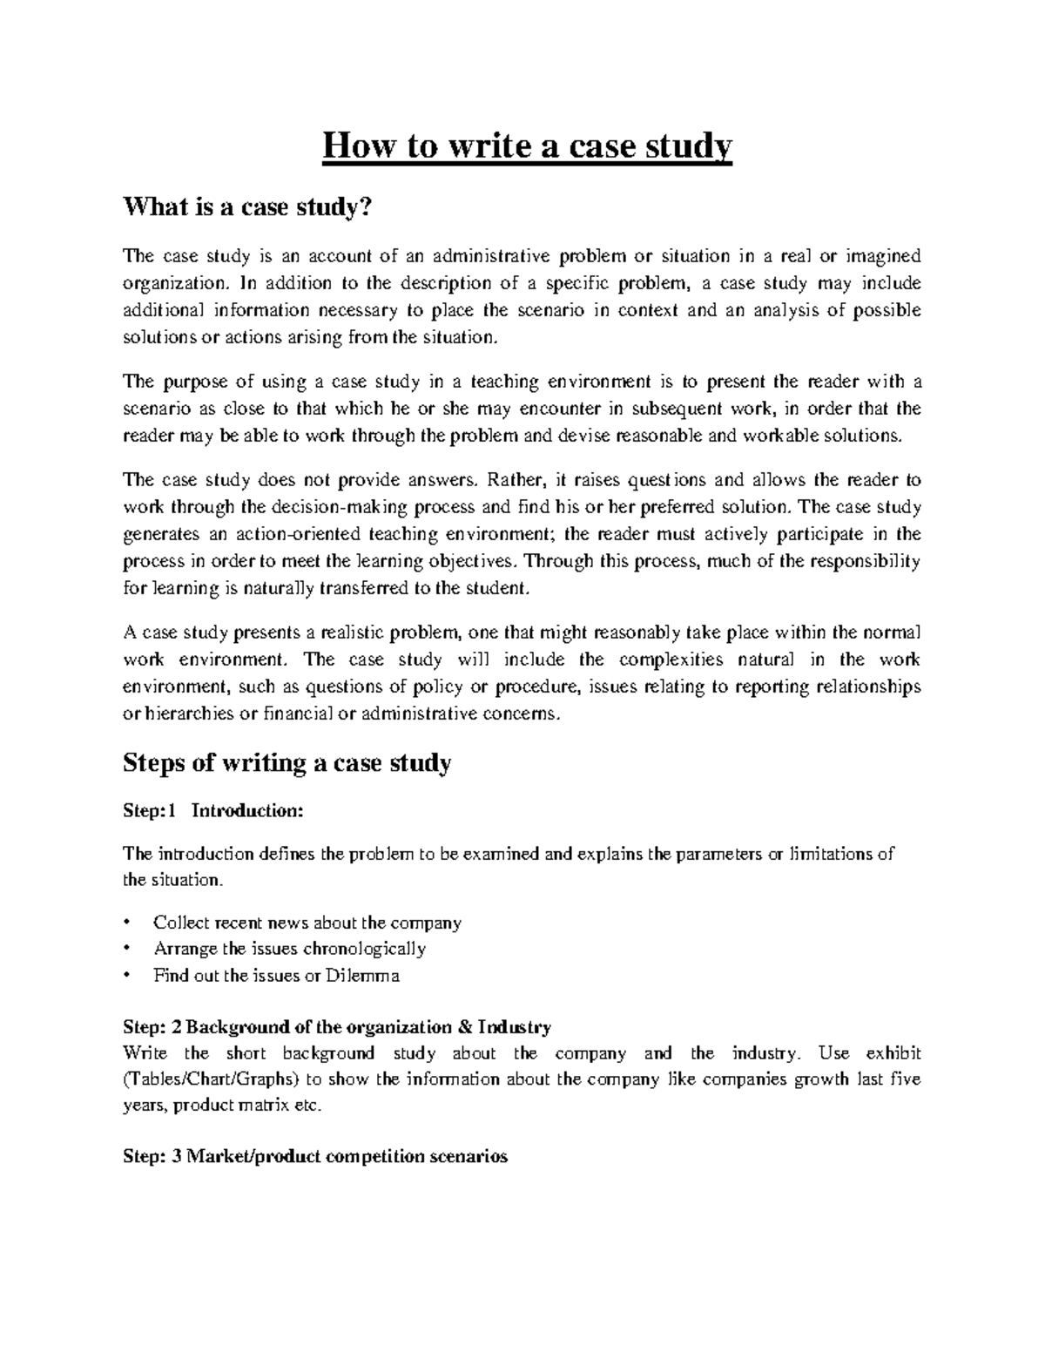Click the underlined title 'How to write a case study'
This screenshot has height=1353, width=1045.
coord(528,147)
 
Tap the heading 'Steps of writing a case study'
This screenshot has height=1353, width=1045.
coord(287,763)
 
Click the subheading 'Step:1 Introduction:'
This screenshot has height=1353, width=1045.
coord(213,810)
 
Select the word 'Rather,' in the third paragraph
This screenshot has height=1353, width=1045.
coord(516,479)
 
